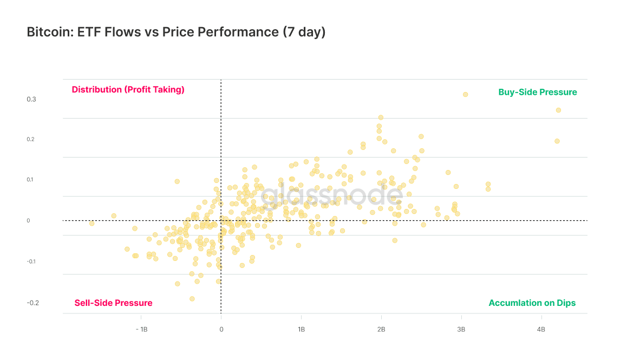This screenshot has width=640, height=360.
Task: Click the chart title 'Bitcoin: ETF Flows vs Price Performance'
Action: click(176, 32)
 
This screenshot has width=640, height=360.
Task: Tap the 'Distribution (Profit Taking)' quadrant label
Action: click(128, 90)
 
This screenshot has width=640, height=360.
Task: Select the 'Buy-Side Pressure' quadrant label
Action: click(537, 93)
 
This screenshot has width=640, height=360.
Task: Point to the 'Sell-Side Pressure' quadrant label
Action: click(113, 303)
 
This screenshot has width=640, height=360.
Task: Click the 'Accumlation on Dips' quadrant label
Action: click(532, 303)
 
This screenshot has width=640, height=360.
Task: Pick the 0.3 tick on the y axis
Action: click(31, 100)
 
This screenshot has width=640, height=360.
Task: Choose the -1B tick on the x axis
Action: click(141, 330)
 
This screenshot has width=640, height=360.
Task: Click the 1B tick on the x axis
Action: click(301, 330)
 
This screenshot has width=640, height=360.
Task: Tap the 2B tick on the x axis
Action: click(381, 330)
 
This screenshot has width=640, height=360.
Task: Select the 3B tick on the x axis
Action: click(461, 330)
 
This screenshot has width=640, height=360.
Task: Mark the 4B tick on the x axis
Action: click(541, 330)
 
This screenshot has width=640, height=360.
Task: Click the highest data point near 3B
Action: click(465, 94)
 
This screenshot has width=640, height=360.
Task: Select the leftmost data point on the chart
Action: click(92, 223)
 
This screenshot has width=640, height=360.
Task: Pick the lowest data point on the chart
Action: click(192, 298)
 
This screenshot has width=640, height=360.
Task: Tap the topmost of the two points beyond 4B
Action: click(558, 110)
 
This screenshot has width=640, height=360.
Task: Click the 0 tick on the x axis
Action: click(221, 330)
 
